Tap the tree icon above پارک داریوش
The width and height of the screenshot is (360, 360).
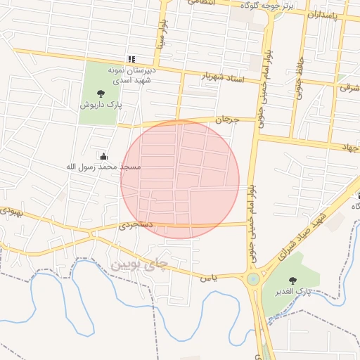pos(101,93)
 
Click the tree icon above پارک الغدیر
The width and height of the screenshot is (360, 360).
pos(292,281)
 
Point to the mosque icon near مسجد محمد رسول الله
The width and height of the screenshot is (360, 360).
pos(104,156)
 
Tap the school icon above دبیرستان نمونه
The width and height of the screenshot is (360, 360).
pos(131,59)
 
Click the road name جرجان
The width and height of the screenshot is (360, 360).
pos(227,120)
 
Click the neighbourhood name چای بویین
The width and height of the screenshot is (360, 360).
pos(141,264)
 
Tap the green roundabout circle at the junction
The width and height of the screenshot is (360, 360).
pos(252,279)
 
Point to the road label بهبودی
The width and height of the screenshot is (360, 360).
pos(12,211)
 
